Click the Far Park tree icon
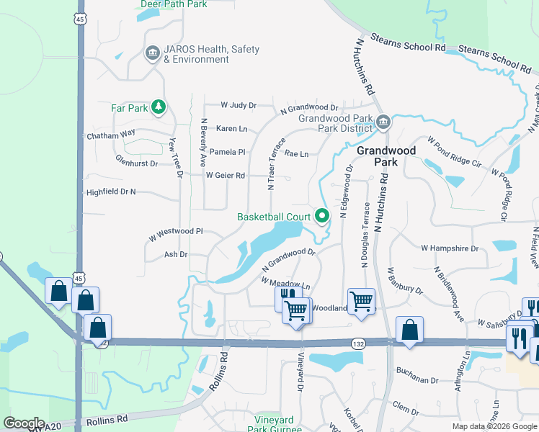(159, 108)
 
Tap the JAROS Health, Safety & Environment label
(211, 54)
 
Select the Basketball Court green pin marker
(322, 215)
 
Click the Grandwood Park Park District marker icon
(383, 122)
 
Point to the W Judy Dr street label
(239, 105)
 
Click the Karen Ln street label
(232, 129)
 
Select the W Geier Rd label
(226, 175)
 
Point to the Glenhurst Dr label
(136, 163)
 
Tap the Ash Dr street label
(176, 254)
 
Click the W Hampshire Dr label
(450, 248)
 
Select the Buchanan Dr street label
(417, 379)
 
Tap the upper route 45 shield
(80, 19)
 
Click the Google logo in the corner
(24, 423)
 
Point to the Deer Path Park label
(174, 4)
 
